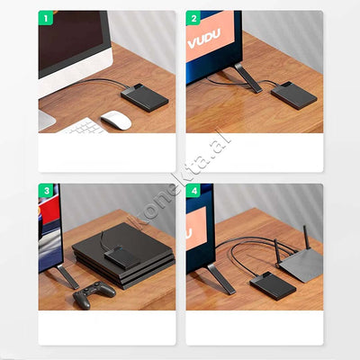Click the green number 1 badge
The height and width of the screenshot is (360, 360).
coord(46,18)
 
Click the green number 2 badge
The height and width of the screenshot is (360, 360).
coord(193,18)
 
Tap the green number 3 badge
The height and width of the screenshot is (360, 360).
coord(46,191)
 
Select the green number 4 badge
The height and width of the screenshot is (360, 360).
coord(193,191)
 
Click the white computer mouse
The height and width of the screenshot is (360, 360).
coord(116,120)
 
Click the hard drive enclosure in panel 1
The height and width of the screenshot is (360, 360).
coord(145,97)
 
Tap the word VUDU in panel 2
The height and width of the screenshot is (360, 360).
coord(204,38)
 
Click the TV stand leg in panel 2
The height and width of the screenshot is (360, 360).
coord(248,77)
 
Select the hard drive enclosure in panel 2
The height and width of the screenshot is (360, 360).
coord(294,95)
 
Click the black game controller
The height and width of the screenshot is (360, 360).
coord(94,294)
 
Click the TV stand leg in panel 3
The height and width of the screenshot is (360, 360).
coord(67,276)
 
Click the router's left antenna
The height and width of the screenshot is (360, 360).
coord(277,253)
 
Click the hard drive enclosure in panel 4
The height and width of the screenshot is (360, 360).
coord(273,286)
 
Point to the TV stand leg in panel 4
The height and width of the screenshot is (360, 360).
coord(221,279)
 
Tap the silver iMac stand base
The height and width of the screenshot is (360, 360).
coord(46,120)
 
